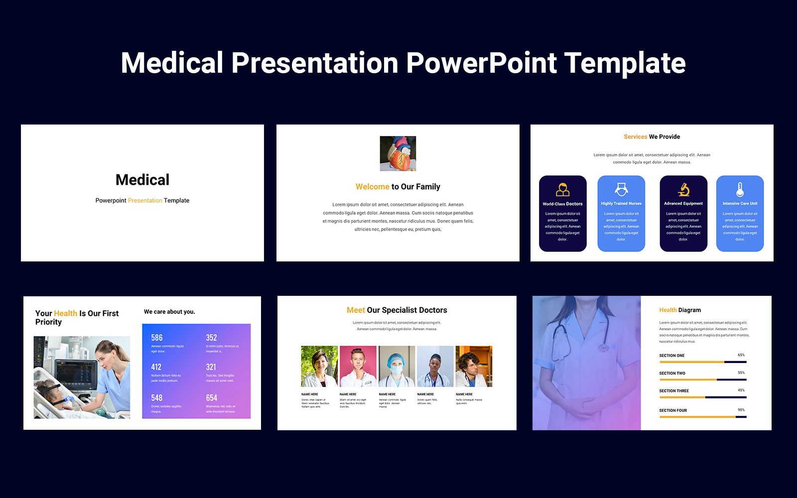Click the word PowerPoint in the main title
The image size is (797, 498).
pos(481,63)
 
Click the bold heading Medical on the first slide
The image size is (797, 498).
pos(142,180)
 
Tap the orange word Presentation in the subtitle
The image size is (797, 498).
pos(145,201)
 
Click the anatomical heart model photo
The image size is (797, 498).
pos(398,153)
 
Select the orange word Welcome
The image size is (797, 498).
pos(372,187)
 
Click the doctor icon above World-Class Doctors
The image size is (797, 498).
pos(562,189)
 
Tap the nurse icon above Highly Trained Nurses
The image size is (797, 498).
pos(621,189)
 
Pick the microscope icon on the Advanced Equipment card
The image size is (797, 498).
pos(683,189)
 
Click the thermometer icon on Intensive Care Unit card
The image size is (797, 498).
pos(740,189)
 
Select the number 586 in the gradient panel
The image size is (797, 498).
pos(157,338)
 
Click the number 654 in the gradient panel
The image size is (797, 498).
pos(212,398)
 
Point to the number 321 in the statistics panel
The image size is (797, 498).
pos(211,367)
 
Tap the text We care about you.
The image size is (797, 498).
pos(169,312)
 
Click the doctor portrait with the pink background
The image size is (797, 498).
pos(358,367)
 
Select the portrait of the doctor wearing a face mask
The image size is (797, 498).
pos(397,367)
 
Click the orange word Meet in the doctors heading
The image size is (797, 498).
pos(356,310)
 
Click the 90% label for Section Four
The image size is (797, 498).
pos(741,410)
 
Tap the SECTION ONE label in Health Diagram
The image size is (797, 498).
pos(671,356)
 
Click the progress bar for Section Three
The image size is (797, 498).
pos(702,397)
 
